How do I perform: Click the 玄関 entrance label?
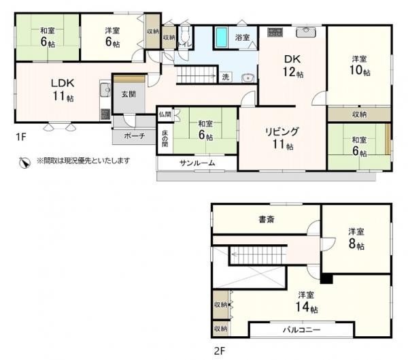click(x=129, y=94)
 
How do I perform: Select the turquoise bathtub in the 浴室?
click(x=221, y=37)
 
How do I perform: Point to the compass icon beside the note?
click(x=25, y=163)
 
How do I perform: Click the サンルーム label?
click(x=197, y=163)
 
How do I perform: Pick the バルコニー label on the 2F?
click(x=301, y=330)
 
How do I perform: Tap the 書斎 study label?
click(x=267, y=219)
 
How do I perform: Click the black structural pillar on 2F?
click(x=326, y=278)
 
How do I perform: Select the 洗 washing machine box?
click(x=225, y=77)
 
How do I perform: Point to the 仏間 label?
click(x=165, y=114)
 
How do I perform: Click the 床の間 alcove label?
click(x=165, y=139)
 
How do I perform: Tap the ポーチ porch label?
click(x=134, y=135)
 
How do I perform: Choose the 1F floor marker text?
click(x=21, y=137)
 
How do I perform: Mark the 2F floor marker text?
click(x=219, y=351)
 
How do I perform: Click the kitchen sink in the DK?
click(x=306, y=32)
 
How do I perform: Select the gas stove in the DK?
click(x=275, y=32)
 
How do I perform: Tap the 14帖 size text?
click(x=306, y=307)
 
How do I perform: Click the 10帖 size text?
click(x=359, y=70)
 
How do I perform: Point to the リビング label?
click(x=282, y=132)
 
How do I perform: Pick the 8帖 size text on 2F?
click(x=356, y=244)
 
